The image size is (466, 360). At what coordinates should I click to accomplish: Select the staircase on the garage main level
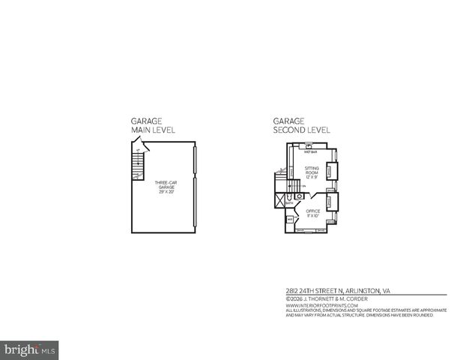[x=136, y=164]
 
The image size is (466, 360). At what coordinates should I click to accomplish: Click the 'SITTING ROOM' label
[x=312, y=171]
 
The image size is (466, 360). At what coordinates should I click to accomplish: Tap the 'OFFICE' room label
[x=312, y=211]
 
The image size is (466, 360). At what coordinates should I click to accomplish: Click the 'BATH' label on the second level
[x=289, y=203]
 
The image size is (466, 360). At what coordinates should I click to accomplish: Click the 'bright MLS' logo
[x=30, y=349]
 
